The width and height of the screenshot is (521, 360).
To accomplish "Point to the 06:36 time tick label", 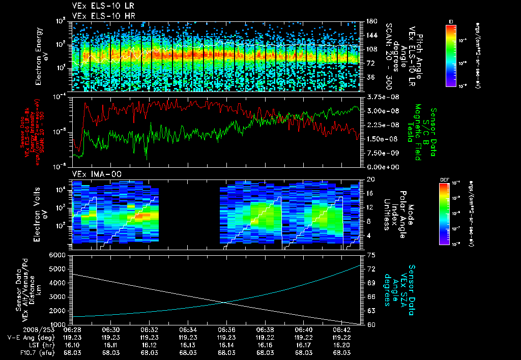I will [226, 329].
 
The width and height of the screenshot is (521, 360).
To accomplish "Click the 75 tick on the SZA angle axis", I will [371, 255].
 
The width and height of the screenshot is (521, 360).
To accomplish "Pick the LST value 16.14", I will [226, 344].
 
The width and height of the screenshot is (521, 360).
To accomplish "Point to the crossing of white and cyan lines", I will [225, 303].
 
